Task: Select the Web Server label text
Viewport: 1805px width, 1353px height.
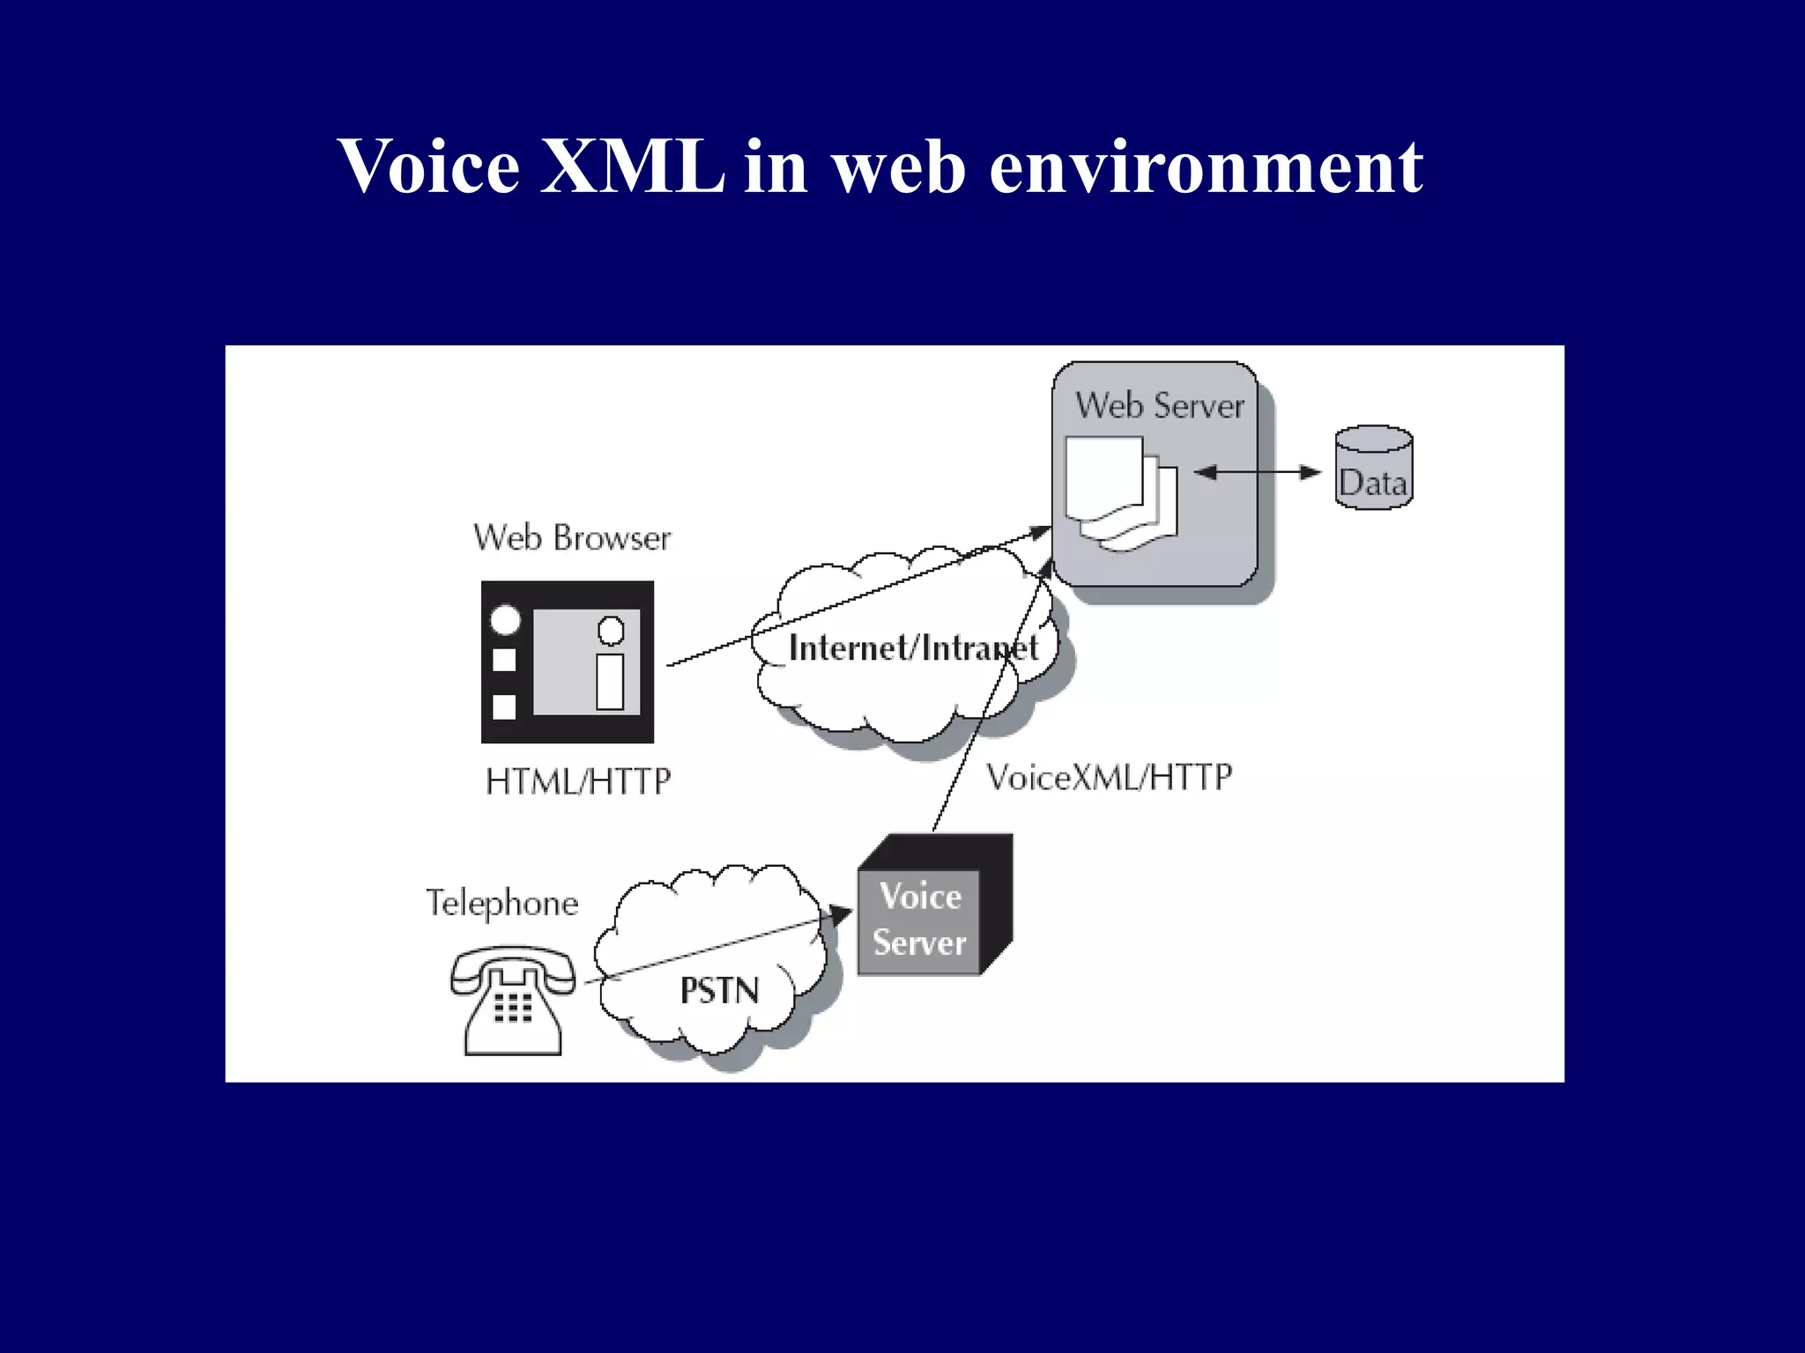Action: pos(1159,406)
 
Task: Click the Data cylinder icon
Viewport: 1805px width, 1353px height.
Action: pos(1373,468)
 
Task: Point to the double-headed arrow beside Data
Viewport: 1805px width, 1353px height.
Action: pos(1258,472)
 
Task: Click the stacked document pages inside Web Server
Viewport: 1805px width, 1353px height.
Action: pos(1119,492)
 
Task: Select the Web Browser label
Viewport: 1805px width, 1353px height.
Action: pos(572,537)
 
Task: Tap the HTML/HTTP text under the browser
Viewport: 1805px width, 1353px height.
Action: pos(578,781)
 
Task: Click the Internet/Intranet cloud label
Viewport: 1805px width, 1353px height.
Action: pos(912,648)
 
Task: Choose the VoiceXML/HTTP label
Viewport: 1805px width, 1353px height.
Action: pos(1108,777)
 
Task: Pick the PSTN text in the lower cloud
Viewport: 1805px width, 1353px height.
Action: pos(719,991)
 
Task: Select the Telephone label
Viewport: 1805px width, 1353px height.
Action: pos(502,904)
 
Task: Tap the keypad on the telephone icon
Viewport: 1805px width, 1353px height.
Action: pos(513,1007)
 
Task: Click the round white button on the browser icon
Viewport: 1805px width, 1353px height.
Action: pos(505,620)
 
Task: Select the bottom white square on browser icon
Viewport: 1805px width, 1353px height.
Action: pos(504,706)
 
